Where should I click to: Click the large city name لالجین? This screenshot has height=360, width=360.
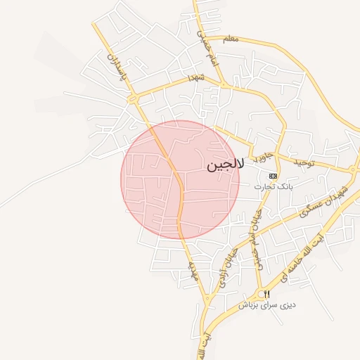click(226, 166)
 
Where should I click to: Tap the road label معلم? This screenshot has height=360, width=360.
click(230, 39)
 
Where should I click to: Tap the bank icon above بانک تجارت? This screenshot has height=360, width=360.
click(274, 175)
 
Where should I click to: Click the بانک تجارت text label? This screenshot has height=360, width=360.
click(274, 187)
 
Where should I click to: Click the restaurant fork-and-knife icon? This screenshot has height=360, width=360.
click(266, 294)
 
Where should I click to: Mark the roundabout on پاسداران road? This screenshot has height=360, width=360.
click(132, 101)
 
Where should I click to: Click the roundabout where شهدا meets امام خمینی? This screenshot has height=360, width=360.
click(224, 86)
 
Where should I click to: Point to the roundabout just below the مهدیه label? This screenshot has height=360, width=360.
click(207, 300)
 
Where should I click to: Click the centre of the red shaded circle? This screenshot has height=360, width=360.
click(180, 179)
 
